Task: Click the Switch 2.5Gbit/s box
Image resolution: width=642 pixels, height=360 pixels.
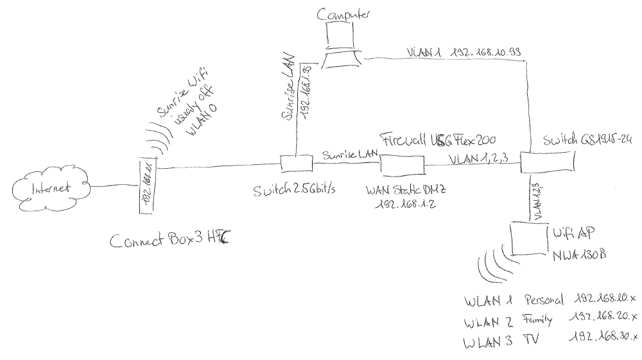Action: pos(296,164)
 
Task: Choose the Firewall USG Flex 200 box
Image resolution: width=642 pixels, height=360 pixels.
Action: pos(403,165)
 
